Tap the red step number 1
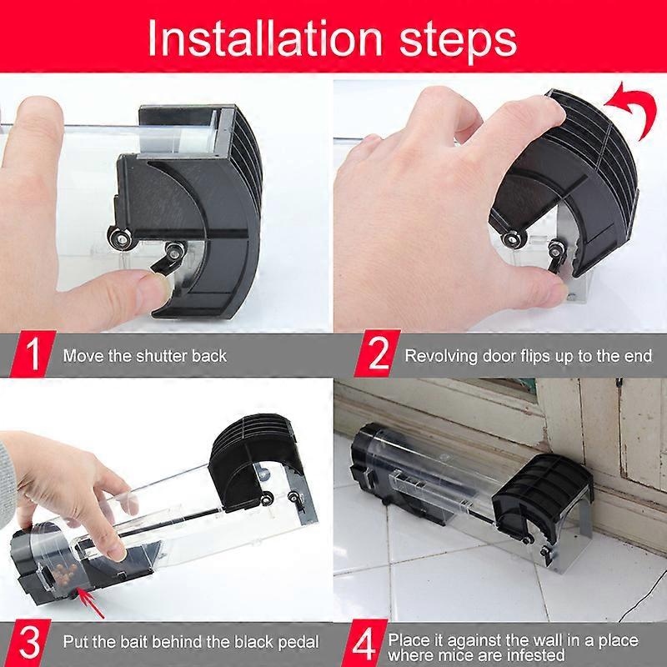pyautogui.click(x=33, y=354)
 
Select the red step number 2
pyautogui.click(x=378, y=354)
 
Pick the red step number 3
pyautogui.click(x=29, y=643)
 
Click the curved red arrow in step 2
pyautogui.click(x=632, y=108)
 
